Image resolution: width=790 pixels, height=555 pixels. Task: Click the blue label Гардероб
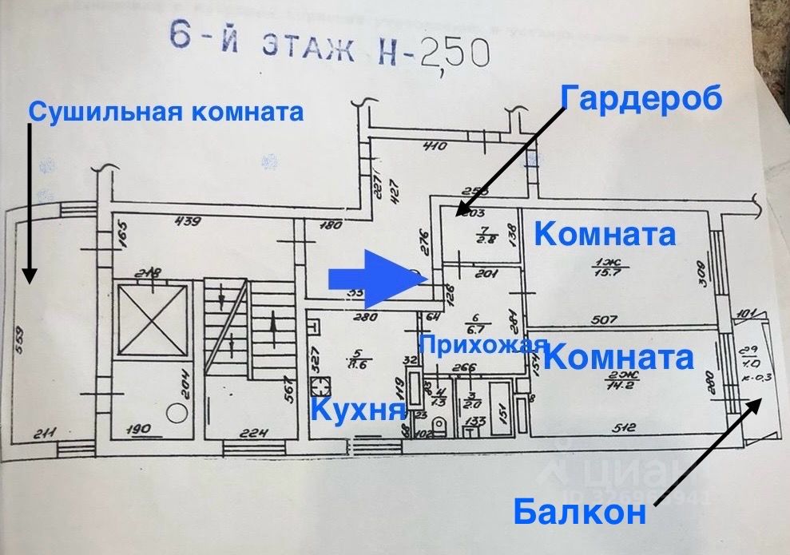click(641, 97)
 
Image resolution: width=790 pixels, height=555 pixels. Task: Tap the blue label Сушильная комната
click(166, 112)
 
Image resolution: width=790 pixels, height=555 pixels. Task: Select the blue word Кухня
click(357, 410)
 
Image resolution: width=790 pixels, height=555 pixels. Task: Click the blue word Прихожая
click(484, 345)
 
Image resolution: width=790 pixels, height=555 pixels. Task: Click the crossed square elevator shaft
click(153, 319)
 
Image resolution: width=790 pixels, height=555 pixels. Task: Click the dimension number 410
click(434, 146)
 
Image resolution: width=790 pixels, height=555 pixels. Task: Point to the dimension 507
click(605, 320)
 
